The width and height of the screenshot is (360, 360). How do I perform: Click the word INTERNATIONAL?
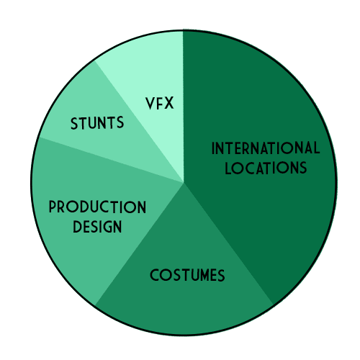[266, 148]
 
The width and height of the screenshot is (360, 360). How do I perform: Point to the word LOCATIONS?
[266, 168]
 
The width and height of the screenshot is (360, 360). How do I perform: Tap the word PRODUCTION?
[97, 207]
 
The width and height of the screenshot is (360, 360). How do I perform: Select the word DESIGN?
[97, 227]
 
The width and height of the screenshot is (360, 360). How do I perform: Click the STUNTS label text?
[97, 123]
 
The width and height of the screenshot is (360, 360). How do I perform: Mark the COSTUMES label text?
[187, 275]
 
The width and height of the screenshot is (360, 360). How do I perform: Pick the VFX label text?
[160, 104]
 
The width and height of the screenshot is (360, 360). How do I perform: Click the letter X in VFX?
[168, 104]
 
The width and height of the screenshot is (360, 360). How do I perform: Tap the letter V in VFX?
[150, 104]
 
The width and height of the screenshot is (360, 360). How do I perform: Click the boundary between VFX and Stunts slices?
[139, 122]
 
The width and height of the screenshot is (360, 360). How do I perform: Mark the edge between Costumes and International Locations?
[228, 244]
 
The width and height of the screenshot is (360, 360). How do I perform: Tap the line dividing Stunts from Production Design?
[111, 160]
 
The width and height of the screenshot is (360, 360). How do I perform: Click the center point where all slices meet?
[184, 183]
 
